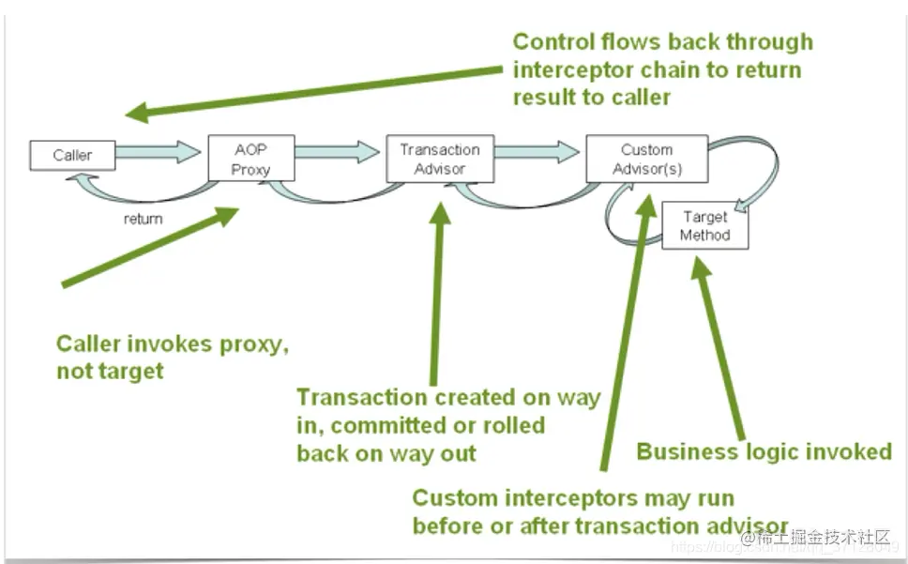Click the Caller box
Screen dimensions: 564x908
coord(72,155)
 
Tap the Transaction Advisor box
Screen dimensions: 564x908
coord(439,159)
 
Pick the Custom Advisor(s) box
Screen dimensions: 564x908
coord(646,159)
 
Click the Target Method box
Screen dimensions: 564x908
coord(704,225)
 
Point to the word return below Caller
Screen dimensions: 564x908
coord(143,219)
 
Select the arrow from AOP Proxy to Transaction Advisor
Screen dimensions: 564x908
coord(340,150)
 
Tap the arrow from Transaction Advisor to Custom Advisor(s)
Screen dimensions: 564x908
coord(537,150)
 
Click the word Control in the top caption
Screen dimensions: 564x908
coord(552,42)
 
